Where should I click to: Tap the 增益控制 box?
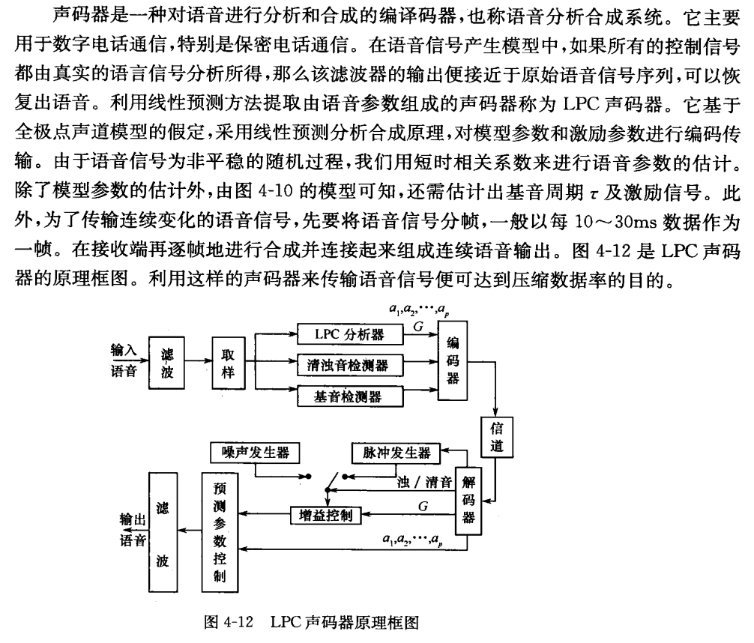coord(325,515)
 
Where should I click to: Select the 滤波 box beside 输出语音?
coord(165,528)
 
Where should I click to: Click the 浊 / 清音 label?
coord(426,480)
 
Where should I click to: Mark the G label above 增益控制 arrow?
coord(423,505)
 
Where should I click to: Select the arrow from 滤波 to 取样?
coord(198,360)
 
